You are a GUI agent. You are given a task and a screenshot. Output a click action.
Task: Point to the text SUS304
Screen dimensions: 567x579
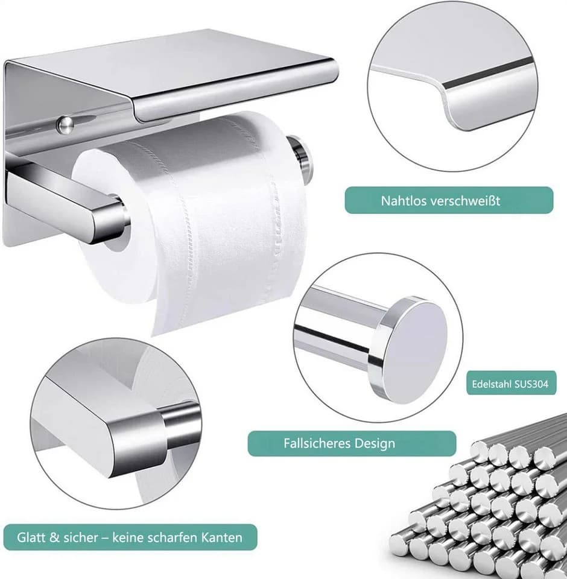531,384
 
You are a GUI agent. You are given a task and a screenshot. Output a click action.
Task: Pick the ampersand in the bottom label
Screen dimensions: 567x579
54,537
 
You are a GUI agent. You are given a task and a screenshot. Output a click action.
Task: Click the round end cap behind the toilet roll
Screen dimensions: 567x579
300,157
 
